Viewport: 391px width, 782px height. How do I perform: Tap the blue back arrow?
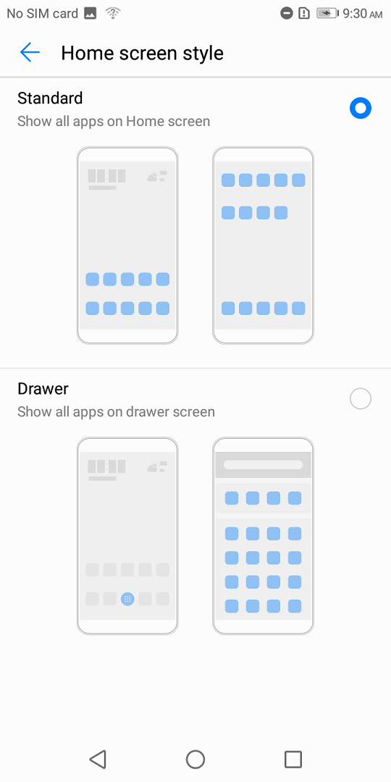(30, 52)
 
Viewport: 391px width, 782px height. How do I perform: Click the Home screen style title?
(142, 53)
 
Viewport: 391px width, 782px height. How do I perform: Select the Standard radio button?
(361, 108)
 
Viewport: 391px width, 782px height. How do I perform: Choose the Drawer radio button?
(361, 399)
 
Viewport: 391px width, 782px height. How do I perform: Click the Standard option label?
(50, 98)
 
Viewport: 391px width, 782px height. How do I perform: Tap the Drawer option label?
(43, 389)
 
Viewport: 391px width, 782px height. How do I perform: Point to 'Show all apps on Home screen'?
(114, 121)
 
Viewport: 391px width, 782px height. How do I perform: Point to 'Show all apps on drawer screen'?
(116, 412)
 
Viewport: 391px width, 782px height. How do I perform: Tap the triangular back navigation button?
(98, 760)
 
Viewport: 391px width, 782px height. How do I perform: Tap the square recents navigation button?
(293, 760)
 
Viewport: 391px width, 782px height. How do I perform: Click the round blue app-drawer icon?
(127, 599)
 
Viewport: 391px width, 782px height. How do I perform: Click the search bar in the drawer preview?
(264, 465)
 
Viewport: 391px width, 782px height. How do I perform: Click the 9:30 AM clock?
(363, 14)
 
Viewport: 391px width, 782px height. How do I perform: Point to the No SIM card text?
(43, 14)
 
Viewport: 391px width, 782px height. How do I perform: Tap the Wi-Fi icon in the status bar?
(114, 13)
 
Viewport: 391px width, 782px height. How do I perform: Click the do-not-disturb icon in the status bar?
(287, 13)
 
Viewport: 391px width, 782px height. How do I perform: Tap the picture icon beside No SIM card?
(91, 14)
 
